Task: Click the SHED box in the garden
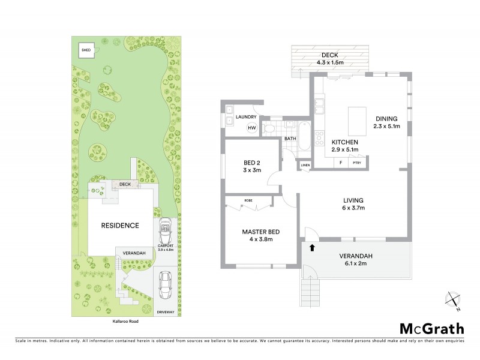tap(86, 50)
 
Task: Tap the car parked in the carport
tap(165, 229)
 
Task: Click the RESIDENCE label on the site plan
tap(120, 226)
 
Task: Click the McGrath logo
tap(431, 328)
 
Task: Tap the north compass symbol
tap(453, 300)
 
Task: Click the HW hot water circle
tap(252, 127)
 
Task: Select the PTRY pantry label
tap(356, 161)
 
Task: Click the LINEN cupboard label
tap(305, 164)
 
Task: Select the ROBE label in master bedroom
tap(247, 200)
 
